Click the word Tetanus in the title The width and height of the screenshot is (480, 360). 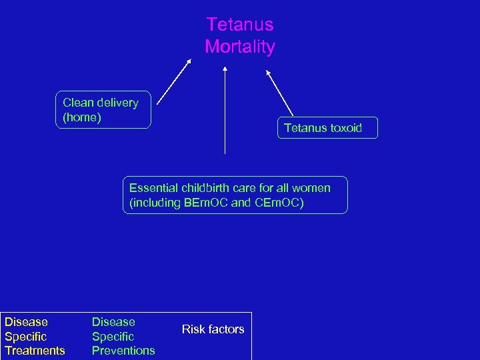(239, 25)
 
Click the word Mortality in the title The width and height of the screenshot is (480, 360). (239, 47)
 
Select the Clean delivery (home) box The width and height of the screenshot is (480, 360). (103, 110)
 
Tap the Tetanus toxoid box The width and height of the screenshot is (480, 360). (327, 128)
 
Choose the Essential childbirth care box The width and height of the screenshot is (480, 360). (235, 195)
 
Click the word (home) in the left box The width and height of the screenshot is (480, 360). (82, 117)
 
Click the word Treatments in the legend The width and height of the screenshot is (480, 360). (35, 351)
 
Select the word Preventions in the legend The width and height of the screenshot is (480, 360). (123, 351)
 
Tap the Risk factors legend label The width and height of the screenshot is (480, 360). (213, 329)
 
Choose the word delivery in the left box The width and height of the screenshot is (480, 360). (117, 103)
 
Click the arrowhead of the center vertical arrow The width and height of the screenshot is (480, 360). (225, 69)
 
